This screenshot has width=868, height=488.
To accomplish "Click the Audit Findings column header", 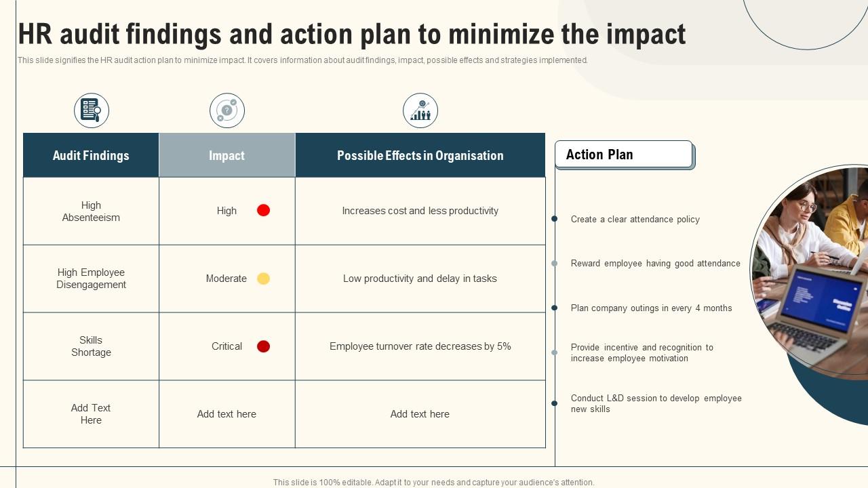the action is tap(91, 155).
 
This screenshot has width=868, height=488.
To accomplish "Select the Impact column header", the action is tap(227, 155).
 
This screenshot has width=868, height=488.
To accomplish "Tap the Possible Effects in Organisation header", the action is tap(420, 155).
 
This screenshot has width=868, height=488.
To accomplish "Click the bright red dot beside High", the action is tap(264, 210).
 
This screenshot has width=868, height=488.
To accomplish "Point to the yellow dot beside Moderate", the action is tap(264, 279).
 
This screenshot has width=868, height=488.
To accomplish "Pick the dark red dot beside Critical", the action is tap(264, 346).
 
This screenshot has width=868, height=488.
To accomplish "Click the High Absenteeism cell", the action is tap(91, 211).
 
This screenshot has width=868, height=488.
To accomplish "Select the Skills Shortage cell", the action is tap(91, 346).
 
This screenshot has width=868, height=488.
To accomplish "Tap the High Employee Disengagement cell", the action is tap(91, 279).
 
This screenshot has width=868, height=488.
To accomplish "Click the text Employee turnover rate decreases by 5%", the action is tap(420, 346).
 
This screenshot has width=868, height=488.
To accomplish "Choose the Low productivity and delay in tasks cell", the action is tap(420, 279).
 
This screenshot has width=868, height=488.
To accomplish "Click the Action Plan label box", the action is tap(624, 154).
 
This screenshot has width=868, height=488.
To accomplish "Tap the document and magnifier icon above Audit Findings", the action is tap(92, 110).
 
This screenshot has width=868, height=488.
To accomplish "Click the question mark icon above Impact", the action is tap(227, 110).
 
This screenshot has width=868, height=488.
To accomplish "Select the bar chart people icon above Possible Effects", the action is tap(420, 110).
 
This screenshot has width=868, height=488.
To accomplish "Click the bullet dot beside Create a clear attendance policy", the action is tap(555, 219).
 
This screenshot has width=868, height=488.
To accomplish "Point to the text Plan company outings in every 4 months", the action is tap(652, 308).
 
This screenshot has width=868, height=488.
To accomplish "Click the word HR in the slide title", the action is tap(35, 34).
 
